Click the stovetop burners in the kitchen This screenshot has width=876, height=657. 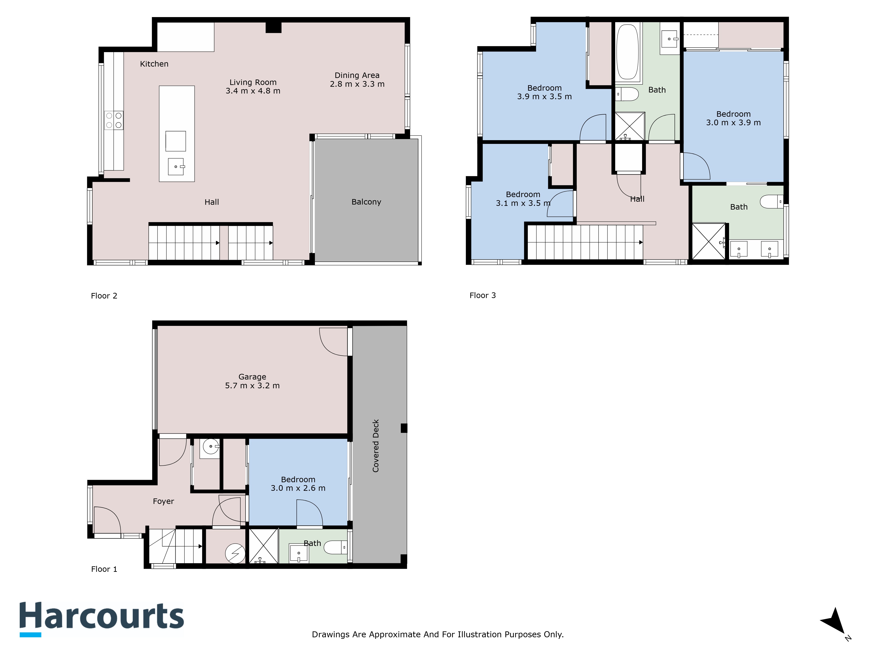114,120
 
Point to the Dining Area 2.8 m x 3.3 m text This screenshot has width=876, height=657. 357,79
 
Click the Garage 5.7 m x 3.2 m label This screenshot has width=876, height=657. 252,381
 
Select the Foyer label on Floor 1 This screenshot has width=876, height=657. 163,501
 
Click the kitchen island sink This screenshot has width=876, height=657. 176,166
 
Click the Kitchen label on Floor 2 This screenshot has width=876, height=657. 154,64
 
